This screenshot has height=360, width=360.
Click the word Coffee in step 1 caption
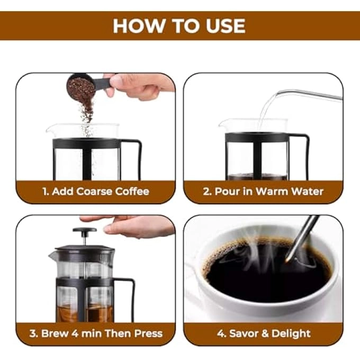click(131, 192)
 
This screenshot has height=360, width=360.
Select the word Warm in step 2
click(273, 192)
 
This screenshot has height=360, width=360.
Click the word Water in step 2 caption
click(307, 192)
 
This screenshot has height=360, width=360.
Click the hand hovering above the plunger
click(138, 225)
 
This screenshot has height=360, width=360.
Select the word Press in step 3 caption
click(148, 334)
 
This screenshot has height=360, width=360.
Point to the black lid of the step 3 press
click(85, 249)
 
